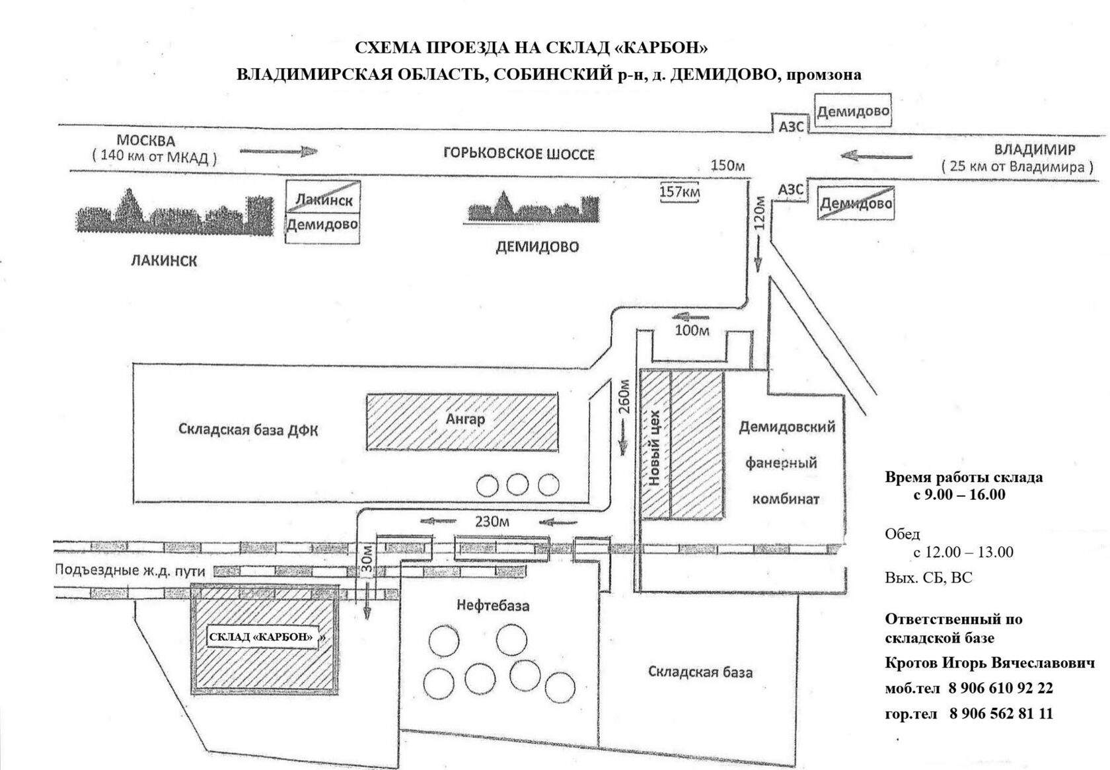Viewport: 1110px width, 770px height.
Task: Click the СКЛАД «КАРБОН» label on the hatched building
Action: coord(262,637)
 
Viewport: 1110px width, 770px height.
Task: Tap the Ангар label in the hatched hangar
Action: coord(465,419)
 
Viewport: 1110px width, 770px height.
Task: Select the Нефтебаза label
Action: coord(493,605)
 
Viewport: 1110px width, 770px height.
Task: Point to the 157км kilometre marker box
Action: coord(679,191)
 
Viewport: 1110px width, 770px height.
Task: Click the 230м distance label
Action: coord(492,522)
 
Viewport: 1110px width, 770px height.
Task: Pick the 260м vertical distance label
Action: coord(624,397)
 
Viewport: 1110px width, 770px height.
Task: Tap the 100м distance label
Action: coord(692,330)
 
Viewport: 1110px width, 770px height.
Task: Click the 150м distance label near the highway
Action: coord(727,165)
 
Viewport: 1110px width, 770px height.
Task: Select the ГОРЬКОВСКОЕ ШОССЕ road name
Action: coord(518,153)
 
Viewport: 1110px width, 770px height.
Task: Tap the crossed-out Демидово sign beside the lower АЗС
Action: coord(856,203)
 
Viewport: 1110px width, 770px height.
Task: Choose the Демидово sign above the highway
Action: coord(853,111)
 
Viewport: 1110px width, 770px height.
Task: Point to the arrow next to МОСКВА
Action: coord(279,151)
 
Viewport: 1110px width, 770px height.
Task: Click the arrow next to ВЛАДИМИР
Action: coord(876,156)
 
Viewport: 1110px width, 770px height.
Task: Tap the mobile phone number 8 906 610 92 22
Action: coord(1000,688)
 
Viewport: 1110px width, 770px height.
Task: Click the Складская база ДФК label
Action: coord(248,429)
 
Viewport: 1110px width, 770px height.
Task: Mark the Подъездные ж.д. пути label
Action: coord(129,571)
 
